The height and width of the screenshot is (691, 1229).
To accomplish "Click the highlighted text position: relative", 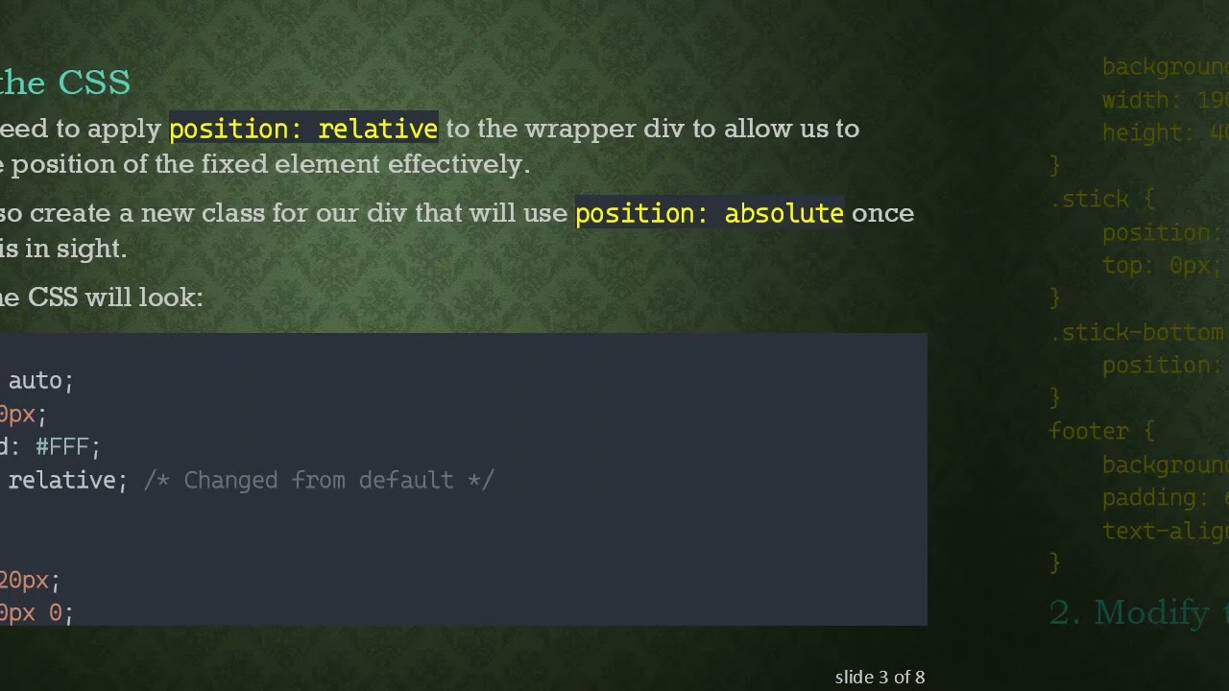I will (x=303, y=129).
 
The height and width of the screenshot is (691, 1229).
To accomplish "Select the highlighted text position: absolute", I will (x=709, y=213).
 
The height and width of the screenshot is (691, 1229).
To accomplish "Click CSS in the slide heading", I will (x=94, y=83).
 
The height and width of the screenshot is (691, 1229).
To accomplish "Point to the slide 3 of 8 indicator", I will (x=880, y=677).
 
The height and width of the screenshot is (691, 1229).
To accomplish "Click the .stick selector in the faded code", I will (x=1090, y=200).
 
